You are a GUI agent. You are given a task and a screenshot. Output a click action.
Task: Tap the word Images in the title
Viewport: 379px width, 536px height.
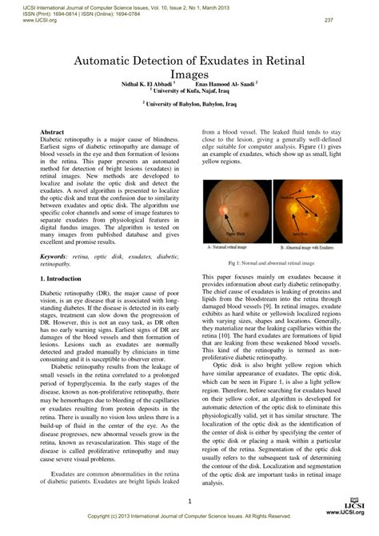point(189,74)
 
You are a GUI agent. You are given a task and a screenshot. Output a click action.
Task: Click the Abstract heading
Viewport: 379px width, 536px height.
point(52,130)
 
